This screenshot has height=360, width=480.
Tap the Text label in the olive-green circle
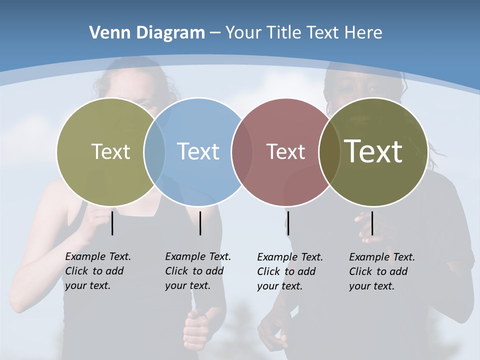point(110,151)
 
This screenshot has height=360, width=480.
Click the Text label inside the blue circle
point(198,151)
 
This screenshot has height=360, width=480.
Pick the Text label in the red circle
point(285,151)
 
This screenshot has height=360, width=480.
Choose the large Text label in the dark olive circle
point(373,151)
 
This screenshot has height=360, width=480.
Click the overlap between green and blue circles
point(154,151)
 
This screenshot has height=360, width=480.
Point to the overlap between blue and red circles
point(242,151)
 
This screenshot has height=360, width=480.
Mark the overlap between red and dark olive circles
point(329,151)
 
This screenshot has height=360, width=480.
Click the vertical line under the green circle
point(112,223)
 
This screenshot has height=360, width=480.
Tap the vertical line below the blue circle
point(200,223)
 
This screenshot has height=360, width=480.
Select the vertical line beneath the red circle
point(288,223)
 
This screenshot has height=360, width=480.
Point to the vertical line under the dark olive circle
point(372,223)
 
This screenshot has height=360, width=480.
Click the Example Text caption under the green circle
point(98,271)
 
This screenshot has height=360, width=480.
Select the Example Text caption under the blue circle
point(198,271)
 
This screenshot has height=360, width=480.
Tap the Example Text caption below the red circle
point(290,271)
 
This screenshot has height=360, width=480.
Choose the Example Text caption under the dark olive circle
point(382,271)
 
